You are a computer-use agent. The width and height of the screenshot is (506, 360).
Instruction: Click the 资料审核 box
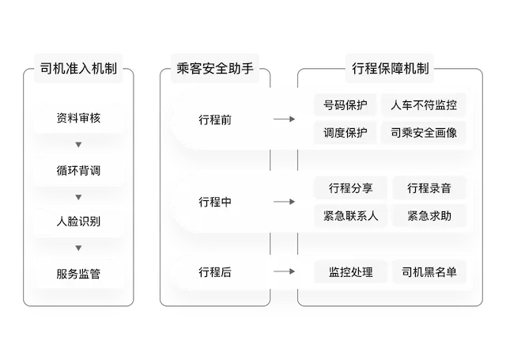(x=78, y=119)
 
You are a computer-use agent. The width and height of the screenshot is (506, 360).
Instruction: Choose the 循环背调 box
(x=78, y=170)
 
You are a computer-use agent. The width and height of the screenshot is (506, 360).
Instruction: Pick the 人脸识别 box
(x=78, y=222)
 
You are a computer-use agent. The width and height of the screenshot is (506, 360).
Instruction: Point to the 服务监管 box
(x=78, y=274)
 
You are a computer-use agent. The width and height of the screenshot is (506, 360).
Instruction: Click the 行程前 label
(x=215, y=120)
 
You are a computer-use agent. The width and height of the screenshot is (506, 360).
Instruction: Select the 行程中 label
(x=215, y=202)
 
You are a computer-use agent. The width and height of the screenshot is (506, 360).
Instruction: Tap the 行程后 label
(x=215, y=272)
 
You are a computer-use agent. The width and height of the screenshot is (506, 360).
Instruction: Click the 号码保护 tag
(x=346, y=104)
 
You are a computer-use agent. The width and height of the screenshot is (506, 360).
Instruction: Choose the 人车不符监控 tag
(x=429, y=104)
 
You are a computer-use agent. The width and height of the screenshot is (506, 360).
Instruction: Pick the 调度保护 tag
(x=346, y=133)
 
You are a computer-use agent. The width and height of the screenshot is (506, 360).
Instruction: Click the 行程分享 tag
(x=350, y=188)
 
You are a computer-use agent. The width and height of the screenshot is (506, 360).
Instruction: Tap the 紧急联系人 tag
(x=350, y=215)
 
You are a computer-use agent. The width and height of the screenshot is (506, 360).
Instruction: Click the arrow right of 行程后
(x=283, y=272)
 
